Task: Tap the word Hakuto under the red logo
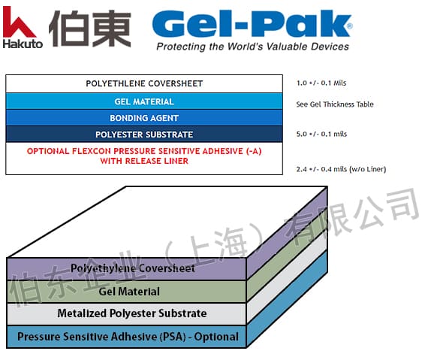pyautogui.click(x=22, y=43)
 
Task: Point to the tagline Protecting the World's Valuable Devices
pyautogui.click(x=252, y=47)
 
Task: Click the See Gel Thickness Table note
pyautogui.click(x=335, y=104)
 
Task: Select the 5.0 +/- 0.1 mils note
pyautogui.click(x=322, y=134)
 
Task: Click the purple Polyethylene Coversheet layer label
pyautogui.click(x=133, y=268)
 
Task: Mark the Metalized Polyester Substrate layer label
pyautogui.click(x=132, y=313)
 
